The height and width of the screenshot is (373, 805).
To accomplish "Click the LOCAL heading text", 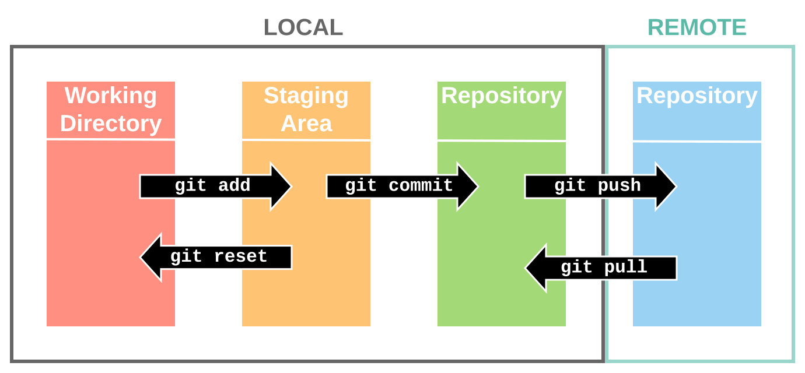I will tap(303, 28).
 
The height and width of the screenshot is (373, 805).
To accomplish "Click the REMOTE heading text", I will tap(696, 28).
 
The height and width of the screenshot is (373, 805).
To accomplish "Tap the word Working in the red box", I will tap(111, 96).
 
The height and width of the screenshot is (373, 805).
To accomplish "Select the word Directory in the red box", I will tap(111, 124).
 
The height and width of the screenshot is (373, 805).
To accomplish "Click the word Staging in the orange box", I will tap(306, 96).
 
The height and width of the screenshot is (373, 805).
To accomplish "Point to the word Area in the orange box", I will tap(306, 124).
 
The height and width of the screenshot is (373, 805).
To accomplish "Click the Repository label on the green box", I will tap(501, 96).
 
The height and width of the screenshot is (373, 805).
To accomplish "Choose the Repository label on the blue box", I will tap(696, 96).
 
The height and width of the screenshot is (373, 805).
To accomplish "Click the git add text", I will tap(212, 186).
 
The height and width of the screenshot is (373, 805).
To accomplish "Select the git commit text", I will tap(399, 186).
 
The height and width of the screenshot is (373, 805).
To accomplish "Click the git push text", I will tap(597, 186).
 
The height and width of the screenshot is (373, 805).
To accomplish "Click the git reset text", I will tap(219, 256).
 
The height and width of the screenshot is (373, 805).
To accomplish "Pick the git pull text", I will tap(604, 268).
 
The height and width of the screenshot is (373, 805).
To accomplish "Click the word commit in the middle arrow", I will tap(421, 186).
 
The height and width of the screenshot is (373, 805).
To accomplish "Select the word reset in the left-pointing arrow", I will tap(240, 256).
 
